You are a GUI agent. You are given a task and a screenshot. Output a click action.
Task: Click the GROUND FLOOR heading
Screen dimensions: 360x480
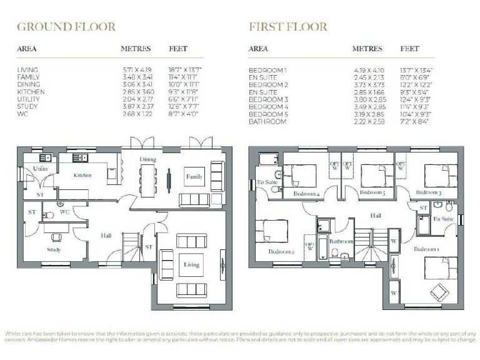pos(66,26)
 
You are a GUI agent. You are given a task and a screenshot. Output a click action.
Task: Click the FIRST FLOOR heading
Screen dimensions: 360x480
pos(288,26)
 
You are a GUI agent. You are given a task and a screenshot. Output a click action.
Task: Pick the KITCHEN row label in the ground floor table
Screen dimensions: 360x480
pos(29,92)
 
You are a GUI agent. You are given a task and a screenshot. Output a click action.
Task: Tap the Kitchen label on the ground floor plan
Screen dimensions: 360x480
pos(82,175)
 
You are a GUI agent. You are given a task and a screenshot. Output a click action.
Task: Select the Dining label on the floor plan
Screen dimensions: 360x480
pos(147,159)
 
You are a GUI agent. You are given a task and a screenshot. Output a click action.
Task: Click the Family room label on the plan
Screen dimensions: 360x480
pos(194,177)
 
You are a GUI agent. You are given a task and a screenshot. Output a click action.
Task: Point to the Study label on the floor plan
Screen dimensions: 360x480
pos(54,250)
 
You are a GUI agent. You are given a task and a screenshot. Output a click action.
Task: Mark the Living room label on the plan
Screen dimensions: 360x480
pos(191,264)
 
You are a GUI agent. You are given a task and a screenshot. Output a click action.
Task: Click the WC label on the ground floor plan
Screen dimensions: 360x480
pos(64,213)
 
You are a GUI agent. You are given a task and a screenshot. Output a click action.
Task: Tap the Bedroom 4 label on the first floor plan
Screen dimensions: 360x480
pos(306,194)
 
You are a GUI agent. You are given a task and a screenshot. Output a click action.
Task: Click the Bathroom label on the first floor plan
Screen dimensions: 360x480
pos(341,241)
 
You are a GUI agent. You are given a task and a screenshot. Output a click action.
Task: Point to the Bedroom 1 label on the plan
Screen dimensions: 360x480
pos(426,249)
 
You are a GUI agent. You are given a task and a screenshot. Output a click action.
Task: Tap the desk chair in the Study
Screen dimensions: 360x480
pos(56,237)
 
